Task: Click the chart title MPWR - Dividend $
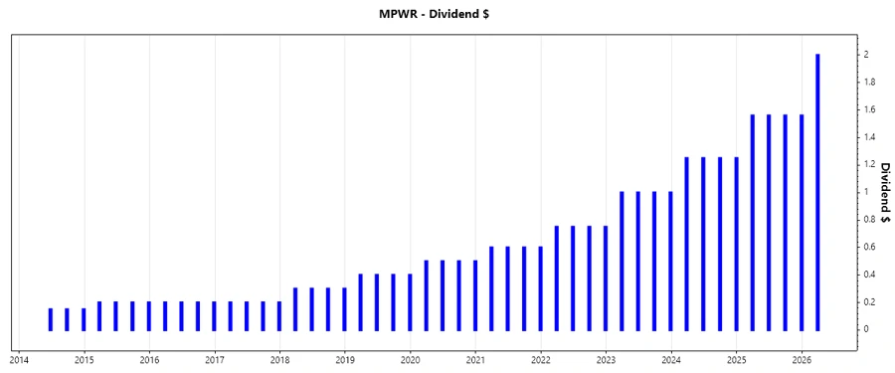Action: point(447,14)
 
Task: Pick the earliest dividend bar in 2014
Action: point(51,319)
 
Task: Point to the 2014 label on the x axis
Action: point(19,359)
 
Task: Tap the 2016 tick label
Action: point(149,359)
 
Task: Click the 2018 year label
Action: point(280,359)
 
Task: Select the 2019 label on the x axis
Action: point(345,359)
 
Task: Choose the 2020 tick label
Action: point(411,359)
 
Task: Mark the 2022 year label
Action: point(541,359)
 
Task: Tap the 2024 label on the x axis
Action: point(671,359)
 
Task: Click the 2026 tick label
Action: point(802,359)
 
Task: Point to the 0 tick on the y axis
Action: point(866,329)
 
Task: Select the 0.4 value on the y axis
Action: point(869,275)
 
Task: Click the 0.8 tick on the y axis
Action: point(869,219)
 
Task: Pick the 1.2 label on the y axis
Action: point(869,164)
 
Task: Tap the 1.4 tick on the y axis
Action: point(869,136)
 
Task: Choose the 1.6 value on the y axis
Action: point(869,109)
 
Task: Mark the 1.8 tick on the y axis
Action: point(869,82)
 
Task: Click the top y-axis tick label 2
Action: point(866,54)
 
